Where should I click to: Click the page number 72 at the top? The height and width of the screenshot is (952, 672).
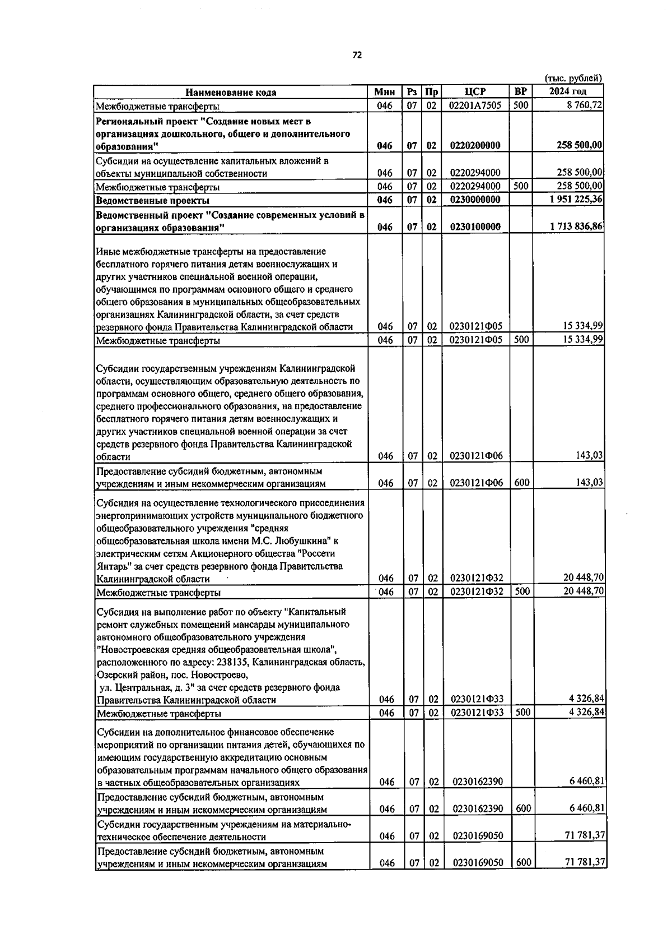point(357,55)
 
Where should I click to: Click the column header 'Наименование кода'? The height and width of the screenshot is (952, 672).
point(231,93)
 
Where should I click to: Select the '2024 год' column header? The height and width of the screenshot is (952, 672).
point(567,92)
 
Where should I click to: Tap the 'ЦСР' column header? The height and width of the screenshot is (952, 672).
point(475,92)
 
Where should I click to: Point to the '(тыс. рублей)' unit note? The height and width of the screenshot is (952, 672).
point(573,78)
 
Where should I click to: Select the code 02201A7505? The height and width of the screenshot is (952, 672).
point(475,105)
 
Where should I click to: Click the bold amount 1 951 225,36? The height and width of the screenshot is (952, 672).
point(576,200)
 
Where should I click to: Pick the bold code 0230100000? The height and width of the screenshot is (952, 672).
point(475,227)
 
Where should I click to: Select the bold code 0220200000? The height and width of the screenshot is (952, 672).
point(475,145)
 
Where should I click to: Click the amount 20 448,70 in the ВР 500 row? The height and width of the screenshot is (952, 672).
point(582,591)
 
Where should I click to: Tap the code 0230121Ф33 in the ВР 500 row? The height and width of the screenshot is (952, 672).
point(477,713)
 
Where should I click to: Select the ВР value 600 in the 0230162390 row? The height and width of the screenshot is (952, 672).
point(523,808)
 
